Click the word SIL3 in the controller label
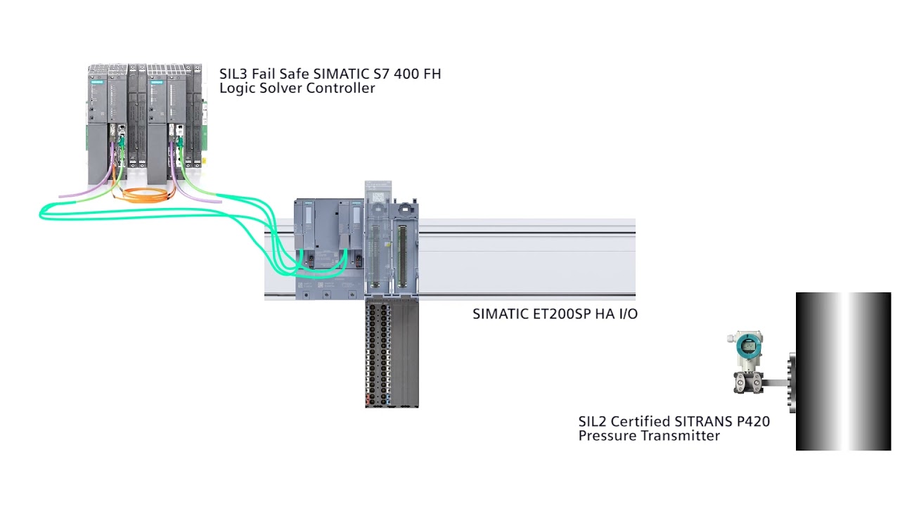[231, 74]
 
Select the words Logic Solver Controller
[297, 89]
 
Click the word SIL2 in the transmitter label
[592, 422]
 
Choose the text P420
[752, 422]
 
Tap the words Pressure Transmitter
[648, 436]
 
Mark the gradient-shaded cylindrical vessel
[843, 371]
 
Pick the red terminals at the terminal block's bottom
[368, 401]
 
